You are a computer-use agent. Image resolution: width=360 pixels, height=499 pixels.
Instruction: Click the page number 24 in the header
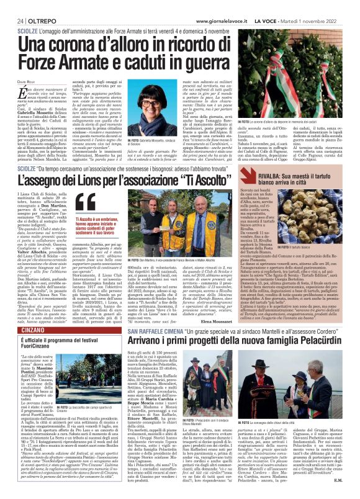[x=12, y=6]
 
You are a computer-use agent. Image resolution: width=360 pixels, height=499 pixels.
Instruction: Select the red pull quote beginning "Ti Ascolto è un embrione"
[x=98, y=221]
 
